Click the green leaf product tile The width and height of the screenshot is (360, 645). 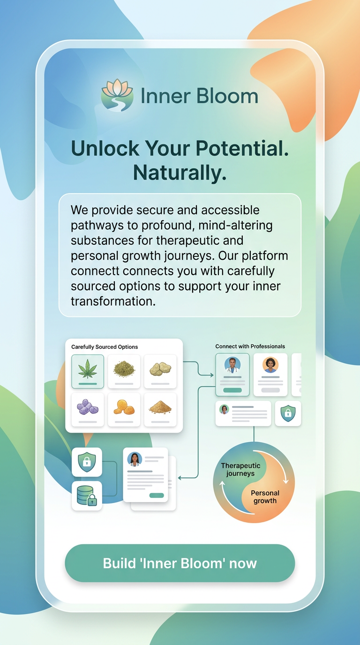coord(88,371)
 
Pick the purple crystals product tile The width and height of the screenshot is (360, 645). coord(88,409)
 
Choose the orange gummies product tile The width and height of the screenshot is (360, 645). coord(124,409)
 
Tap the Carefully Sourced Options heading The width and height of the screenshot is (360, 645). coord(105,347)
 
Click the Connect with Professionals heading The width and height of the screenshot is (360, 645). coord(250,346)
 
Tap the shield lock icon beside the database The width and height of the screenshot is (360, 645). coord(87,462)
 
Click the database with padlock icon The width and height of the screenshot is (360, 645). coord(87,495)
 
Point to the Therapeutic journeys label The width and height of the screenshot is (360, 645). coord(240,469)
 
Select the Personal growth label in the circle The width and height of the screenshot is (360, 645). coord(265,497)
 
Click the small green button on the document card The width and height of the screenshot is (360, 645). coord(157,495)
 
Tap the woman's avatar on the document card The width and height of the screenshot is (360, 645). coord(135,459)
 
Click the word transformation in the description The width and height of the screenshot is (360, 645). coord(112,301)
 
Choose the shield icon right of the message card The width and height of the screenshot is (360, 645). coord(288,413)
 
